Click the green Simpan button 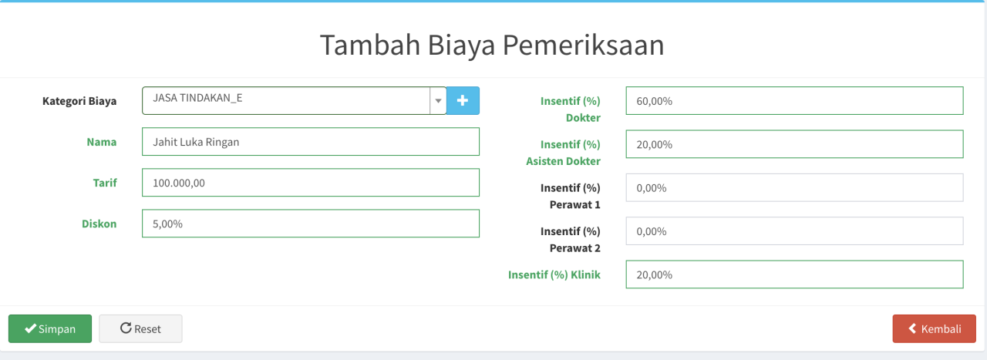tap(50, 328)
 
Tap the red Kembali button tap(934, 328)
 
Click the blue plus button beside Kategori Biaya tap(463, 101)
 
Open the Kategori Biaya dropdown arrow tap(438, 101)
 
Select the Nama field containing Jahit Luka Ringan tap(311, 142)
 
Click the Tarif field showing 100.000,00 tap(311, 183)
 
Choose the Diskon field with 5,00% tap(311, 224)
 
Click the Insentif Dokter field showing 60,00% tap(794, 101)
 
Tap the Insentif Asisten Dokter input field tap(794, 144)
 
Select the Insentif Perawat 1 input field tap(794, 188)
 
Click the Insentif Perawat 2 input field tap(794, 231)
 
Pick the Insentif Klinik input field tap(794, 274)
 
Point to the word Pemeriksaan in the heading tap(583, 45)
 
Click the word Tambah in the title tap(370, 45)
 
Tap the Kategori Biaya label tap(79, 101)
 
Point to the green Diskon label tap(99, 224)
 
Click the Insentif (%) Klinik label tap(554, 275)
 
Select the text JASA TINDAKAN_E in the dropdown tap(197, 98)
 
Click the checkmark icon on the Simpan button tap(30, 328)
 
